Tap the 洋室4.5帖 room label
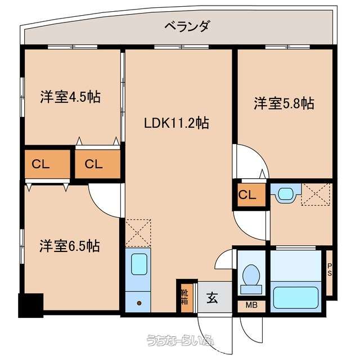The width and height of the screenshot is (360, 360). [70, 97]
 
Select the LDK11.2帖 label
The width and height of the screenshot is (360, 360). [176, 123]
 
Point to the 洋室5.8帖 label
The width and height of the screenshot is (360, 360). [284, 103]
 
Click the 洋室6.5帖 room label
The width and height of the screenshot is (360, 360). [70, 246]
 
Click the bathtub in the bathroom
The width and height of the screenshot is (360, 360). [296, 298]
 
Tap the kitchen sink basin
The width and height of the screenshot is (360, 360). [139, 264]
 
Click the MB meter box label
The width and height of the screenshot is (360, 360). [251, 305]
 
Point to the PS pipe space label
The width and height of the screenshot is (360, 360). [330, 270]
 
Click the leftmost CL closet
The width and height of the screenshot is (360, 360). [47, 164]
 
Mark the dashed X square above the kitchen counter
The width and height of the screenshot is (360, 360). [138, 233]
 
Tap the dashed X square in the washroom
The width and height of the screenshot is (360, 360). [317, 194]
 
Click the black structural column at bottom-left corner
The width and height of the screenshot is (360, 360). [31, 305]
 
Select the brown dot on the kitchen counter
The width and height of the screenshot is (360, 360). [139, 303]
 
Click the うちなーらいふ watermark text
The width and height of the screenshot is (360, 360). [181, 340]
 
